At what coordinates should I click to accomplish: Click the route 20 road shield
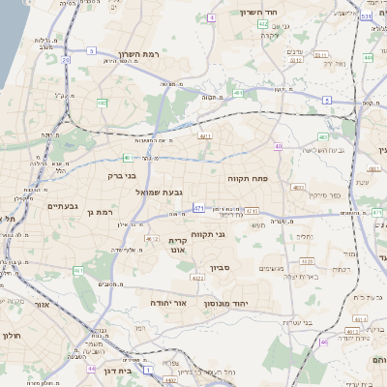point(66,60)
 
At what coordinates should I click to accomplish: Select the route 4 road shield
point(211,17)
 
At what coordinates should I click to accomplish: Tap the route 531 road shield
point(364,16)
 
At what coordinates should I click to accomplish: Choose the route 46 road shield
point(323,342)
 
